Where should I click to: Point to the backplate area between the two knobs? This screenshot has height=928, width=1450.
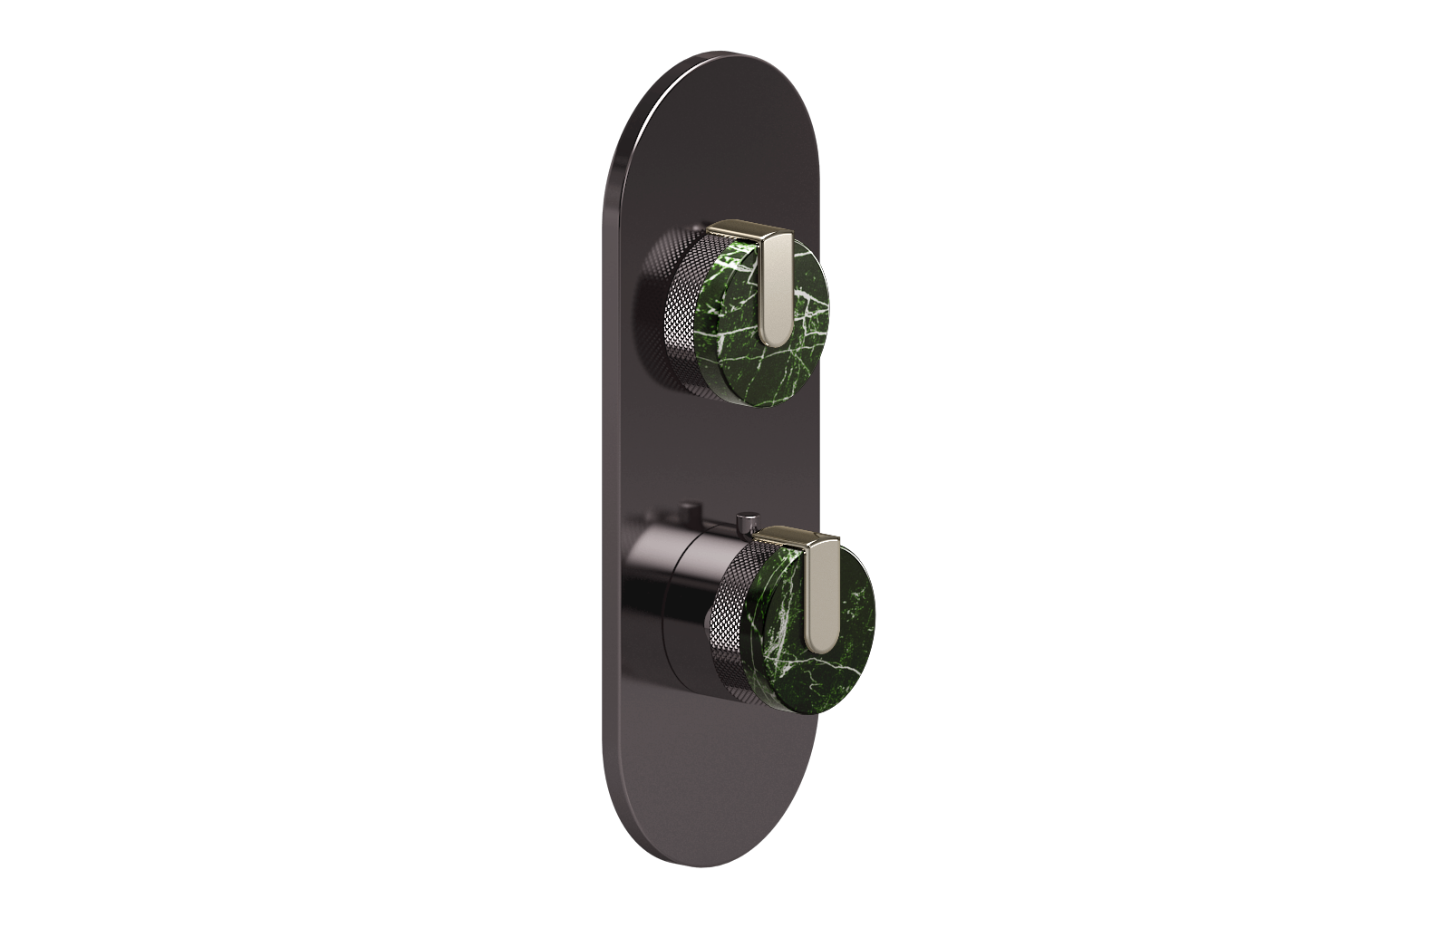pos(707,444)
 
